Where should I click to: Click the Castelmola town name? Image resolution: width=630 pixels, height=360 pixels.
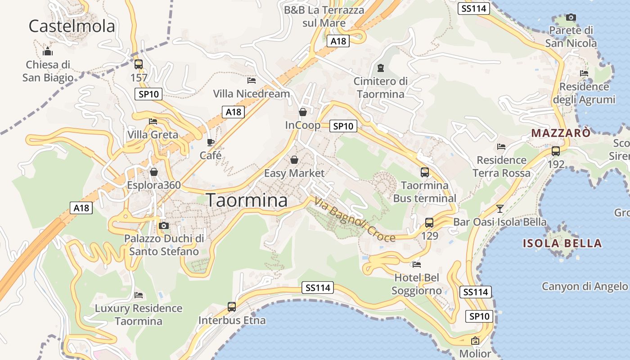pyautogui.click(x=72, y=26)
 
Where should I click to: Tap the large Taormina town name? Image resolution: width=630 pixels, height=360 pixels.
pyautogui.click(x=247, y=200)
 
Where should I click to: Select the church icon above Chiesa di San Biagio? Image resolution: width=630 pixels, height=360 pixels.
pyautogui.click(x=47, y=51)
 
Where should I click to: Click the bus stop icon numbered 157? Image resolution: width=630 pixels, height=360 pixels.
pyautogui.click(x=139, y=64)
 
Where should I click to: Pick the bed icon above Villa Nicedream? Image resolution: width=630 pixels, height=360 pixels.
pyautogui.click(x=252, y=81)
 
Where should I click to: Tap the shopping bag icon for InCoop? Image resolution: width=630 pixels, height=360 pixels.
pyautogui.click(x=303, y=112)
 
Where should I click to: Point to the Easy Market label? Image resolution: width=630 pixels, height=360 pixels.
pyautogui.click(x=294, y=173)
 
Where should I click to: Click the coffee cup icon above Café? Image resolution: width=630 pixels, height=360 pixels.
pyautogui.click(x=210, y=142)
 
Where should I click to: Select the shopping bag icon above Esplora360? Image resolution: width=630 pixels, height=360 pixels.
pyautogui.click(x=154, y=172)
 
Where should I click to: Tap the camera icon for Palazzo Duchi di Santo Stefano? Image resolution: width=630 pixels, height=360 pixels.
pyautogui.click(x=164, y=225)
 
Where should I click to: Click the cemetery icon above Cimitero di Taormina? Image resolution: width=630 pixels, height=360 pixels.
pyautogui.click(x=381, y=68)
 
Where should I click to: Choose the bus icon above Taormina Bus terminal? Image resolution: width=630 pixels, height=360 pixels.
pyautogui.click(x=424, y=172)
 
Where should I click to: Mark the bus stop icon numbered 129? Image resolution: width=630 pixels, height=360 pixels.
pyautogui.click(x=429, y=222)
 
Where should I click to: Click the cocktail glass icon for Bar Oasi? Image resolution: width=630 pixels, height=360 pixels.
pyautogui.click(x=499, y=208)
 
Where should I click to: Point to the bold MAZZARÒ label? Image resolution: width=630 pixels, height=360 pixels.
pyautogui.click(x=561, y=133)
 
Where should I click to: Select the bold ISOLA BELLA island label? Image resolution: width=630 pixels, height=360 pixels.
pyautogui.click(x=562, y=243)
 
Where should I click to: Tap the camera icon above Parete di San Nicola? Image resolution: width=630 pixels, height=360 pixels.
pyautogui.click(x=571, y=18)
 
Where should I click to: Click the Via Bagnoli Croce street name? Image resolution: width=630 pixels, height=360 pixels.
pyautogui.click(x=355, y=220)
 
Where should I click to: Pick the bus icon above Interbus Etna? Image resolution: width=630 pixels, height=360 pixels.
pyautogui.click(x=232, y=307)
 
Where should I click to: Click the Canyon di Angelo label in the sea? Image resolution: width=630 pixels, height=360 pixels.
pyautogui.click(x=584, y=286)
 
